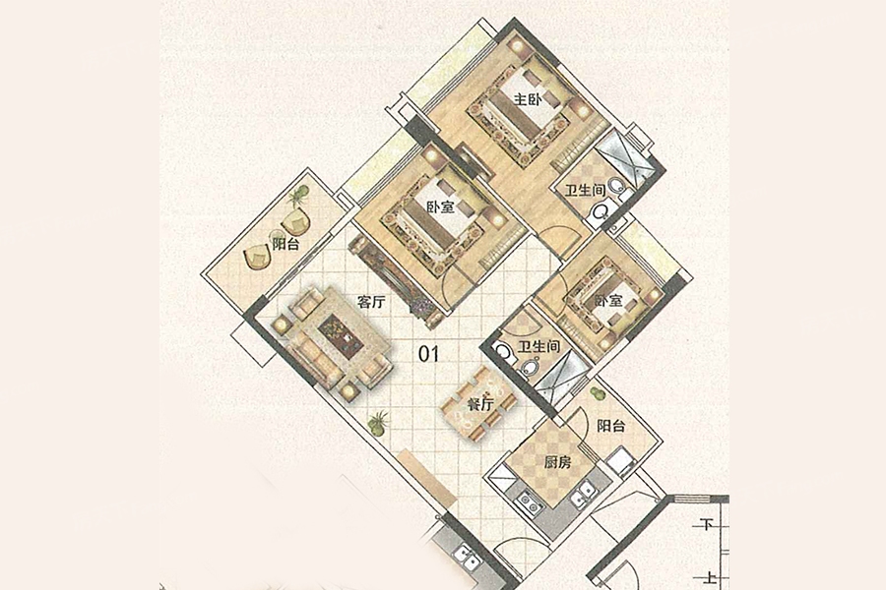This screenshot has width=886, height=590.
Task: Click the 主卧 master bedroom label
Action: pos(528,100)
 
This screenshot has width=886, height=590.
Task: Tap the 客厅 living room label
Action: pos(371,302)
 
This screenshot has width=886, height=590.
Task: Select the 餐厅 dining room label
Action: pos(480,404)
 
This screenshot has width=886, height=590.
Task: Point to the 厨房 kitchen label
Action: pos(558,463)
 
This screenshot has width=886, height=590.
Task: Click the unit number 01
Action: pos(428,354)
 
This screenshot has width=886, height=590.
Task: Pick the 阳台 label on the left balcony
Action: pos(285,245)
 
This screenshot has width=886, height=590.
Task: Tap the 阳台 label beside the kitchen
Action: pos(611,426)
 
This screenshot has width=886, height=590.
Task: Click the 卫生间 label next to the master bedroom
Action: pos(586,190)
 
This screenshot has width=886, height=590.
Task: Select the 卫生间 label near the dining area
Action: pos(539,346)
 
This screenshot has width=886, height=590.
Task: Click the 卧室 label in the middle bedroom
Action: pos(440,207)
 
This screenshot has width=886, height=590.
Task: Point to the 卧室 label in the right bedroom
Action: pos(608,301)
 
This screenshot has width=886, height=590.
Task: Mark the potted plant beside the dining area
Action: pos(377,421)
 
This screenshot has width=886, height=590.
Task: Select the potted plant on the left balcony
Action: pos(297,197)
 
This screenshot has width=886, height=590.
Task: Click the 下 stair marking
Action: pos(706,525)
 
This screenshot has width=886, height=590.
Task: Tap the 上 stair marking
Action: pos(706,578)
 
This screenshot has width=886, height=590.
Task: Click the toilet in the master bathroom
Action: pos(601,212)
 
